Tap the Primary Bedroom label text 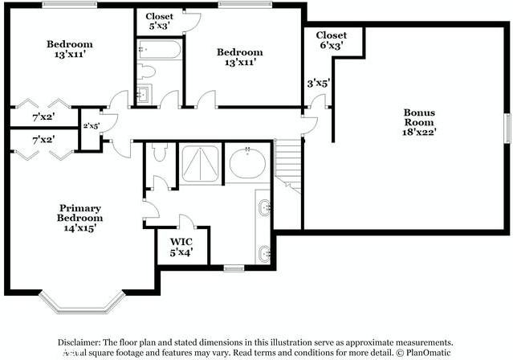click(80, 212)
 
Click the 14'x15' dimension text click(80, 228)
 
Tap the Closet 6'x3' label click(331, 41)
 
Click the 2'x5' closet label click(90, 125)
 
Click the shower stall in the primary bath click(199, 164)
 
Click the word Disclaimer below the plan click(83, 342)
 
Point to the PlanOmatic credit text click(425, 352)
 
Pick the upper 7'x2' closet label click(43, 117)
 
